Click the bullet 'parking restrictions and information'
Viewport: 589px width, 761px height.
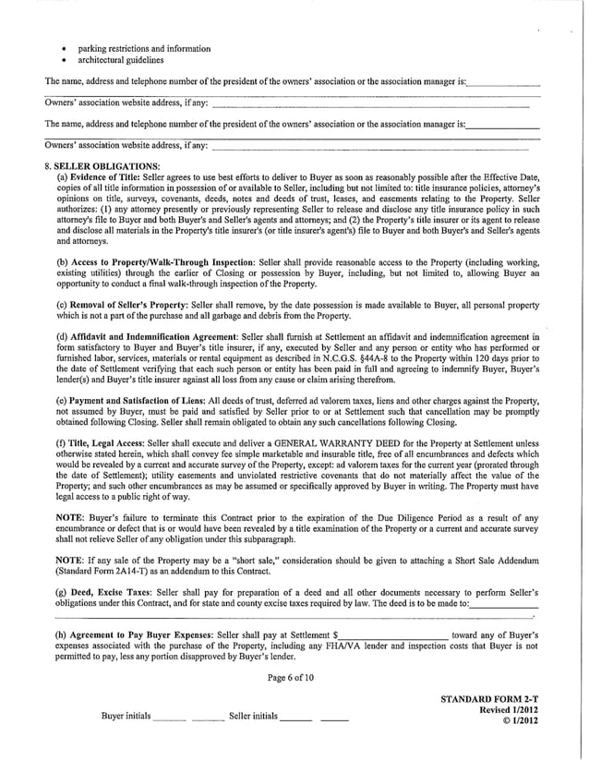tap(138, 48)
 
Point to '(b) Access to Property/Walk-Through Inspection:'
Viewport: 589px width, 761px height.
tap(157, 261)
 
